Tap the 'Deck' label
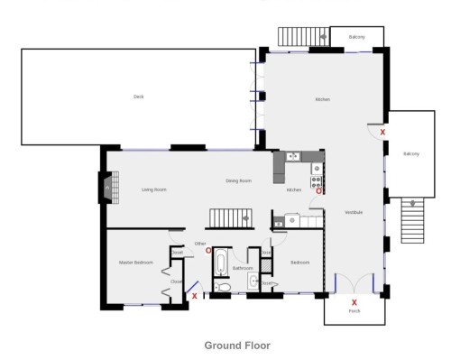138,97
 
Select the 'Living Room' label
154,189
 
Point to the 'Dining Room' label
238,181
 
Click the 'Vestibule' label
354,212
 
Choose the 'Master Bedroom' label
136,263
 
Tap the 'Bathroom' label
242,268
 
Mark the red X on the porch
354,302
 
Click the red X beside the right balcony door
382,133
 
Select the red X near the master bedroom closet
194,295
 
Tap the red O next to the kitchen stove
317,190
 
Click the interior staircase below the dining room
227,218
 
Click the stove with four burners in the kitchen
317,168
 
